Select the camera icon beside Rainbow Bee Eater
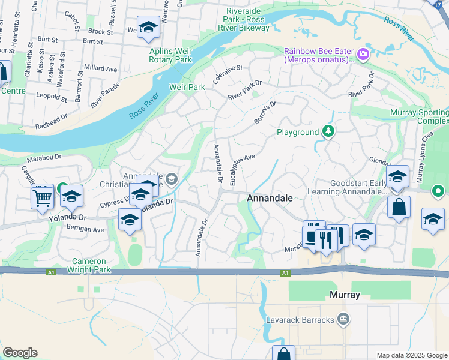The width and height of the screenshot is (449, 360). [x=363, y=55]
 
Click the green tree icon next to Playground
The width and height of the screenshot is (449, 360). [x=328, y=131]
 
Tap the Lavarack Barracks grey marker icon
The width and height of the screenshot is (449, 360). [x=343, y=318]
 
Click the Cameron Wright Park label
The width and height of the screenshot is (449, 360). [x=89, y=265]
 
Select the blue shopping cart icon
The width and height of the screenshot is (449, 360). [x=43, y=196]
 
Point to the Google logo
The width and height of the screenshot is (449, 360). [x=20, y=353]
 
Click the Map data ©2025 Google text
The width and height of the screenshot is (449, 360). [x=412, y=355]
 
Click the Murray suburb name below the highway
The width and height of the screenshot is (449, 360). [x=345, y=295]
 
